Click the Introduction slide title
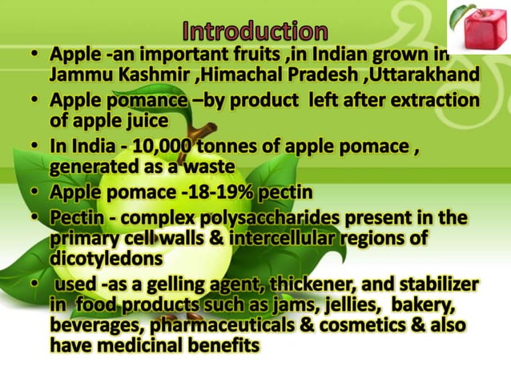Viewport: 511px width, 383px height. [255, 31]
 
